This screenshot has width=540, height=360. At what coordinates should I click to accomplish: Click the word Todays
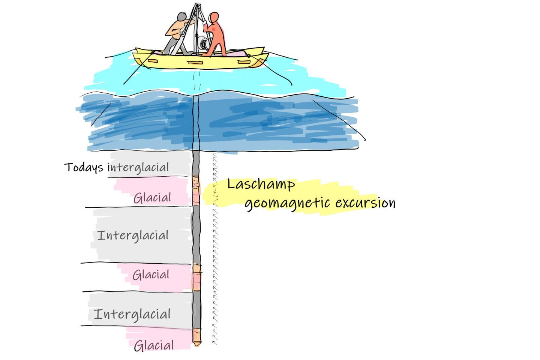tap(84, 167)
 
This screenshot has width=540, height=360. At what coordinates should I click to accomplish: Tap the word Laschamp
tap(261, 185)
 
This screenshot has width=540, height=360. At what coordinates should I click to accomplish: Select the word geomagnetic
tap(287, 204)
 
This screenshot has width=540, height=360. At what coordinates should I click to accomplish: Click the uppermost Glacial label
tap(152, 198)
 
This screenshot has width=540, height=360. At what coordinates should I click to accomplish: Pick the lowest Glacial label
tap(154, 345)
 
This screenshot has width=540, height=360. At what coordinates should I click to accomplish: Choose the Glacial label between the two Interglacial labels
tap(151, 274)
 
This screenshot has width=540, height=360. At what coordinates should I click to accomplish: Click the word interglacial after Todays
tap(138, 168)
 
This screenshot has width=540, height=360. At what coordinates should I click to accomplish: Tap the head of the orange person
tap(214, 17)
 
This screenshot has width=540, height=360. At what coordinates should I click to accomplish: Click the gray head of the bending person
tap(182, 16)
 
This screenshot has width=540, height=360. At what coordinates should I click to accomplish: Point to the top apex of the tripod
tap(197, 4)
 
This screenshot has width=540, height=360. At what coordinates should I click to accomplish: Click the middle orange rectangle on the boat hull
tap(195, 63)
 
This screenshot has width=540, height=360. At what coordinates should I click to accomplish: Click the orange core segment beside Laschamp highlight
tap(196, 190)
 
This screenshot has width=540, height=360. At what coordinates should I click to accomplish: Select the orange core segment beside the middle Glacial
tap(197, 277)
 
